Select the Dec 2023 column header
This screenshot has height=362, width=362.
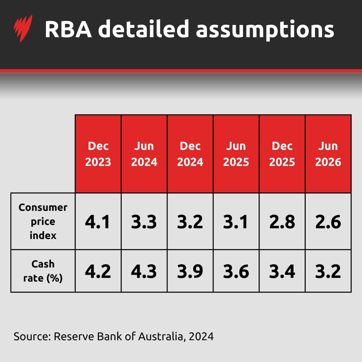pos(98,154)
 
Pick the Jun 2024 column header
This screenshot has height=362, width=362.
pos(144,154)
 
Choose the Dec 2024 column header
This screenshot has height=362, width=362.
pos(190,154)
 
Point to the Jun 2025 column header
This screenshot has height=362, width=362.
pos(236,154)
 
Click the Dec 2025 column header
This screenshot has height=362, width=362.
pos(282,154)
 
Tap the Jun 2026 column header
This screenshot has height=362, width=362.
pos(328,154)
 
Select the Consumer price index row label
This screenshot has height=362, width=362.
pos(43,221)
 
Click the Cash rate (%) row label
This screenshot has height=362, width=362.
pos(43,271)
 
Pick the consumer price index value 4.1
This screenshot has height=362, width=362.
pos(98,222)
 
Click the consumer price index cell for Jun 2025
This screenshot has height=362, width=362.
pos(236,222)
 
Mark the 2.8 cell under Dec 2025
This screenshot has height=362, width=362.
pos(282,222)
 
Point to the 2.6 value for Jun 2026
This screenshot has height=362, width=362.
pos(328,222)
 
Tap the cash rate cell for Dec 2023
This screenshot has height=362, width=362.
pos(98,271)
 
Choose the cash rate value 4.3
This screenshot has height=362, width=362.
pos(144,271)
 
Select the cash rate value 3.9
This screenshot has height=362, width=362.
pos(190,271)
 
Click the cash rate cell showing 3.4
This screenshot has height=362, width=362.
pos(282,271)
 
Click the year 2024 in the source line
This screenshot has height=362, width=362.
pos(201,336)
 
